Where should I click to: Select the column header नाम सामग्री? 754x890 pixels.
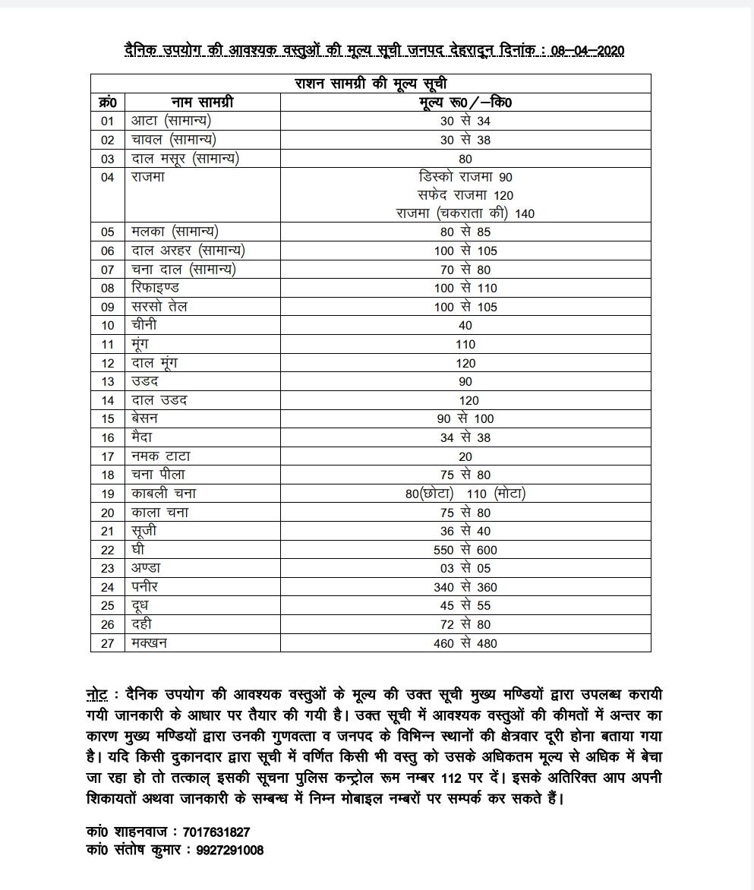click(201, 102)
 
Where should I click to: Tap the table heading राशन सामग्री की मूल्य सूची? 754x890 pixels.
click(371, 83)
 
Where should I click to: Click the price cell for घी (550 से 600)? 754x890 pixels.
click(465, 550)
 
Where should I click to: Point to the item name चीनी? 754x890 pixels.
click(144, 325)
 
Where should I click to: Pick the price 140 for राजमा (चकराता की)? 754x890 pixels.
click(524, 214)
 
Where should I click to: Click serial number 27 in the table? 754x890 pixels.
click(107, 643)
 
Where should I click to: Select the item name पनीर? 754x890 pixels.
click(145, 587)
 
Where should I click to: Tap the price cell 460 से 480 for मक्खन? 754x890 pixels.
click(465, 643)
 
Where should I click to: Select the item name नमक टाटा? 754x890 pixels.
click(160, 456)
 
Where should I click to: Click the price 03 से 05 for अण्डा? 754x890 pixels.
click(465, 569)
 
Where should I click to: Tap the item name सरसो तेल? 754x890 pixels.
click(159, 307)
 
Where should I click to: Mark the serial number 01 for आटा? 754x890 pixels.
click(107, 121)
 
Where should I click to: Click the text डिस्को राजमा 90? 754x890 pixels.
click(465, 177)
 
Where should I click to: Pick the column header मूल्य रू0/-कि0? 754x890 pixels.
click(465, 102)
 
